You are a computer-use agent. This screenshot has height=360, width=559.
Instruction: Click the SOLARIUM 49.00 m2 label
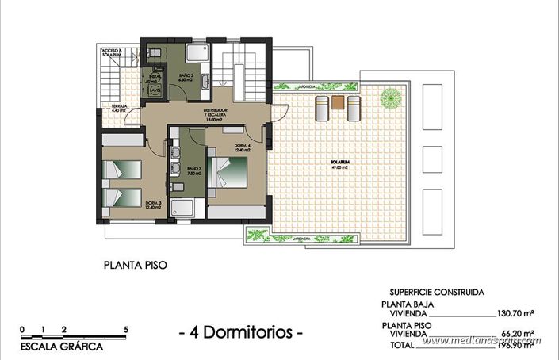click(340, 165)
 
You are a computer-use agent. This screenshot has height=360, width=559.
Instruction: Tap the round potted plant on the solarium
click(390, 98)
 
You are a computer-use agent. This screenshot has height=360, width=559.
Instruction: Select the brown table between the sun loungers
click(339, 101)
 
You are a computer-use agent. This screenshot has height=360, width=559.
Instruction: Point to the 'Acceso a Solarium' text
click(112, 53)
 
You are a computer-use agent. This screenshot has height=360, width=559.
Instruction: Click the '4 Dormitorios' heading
click(241, 333)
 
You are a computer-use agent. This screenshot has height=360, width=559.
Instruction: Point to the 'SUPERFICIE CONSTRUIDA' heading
click(438, 291)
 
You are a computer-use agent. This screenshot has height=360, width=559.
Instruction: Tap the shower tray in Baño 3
click(181, 209)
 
